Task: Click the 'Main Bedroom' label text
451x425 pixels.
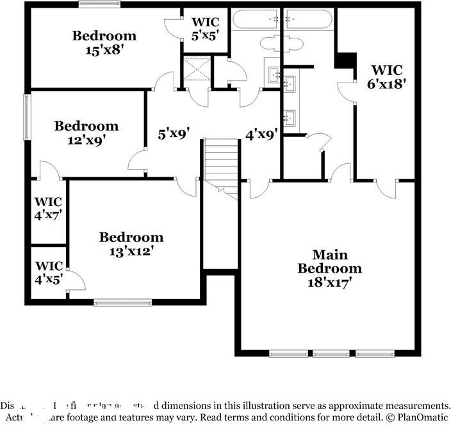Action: coord(329,262)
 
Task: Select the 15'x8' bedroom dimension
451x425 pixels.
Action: coord(103,49)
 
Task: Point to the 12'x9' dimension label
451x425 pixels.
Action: coord(86,139)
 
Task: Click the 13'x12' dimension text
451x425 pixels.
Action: coord(131,250)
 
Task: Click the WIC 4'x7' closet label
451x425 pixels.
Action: coord(49,209)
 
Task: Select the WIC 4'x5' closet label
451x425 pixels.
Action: coord(49,271)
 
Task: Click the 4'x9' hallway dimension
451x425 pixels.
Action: coord(261,134)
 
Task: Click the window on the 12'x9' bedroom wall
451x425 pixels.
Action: coord(28,116)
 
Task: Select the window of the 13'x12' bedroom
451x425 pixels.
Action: coord(122,302)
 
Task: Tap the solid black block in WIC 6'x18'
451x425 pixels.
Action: coord(345,60)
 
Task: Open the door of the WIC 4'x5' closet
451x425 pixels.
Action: coord(76,281)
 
